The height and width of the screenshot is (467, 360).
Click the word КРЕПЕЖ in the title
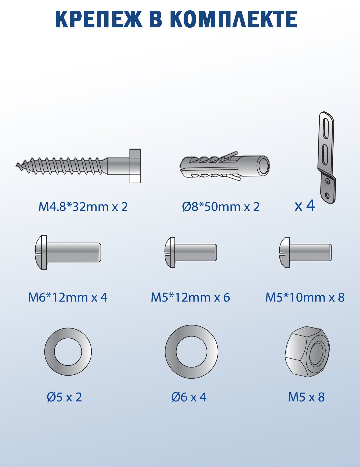pos(99,19)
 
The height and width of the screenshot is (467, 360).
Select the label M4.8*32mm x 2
pos(83,206)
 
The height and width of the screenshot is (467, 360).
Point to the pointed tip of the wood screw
pos(16,165)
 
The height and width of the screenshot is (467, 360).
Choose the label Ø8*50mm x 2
pos(221,206)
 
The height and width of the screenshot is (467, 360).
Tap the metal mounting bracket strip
pos(327,158)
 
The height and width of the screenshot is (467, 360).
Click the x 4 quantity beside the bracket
pos(305,206)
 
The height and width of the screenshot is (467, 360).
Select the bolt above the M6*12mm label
pos(68,252)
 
